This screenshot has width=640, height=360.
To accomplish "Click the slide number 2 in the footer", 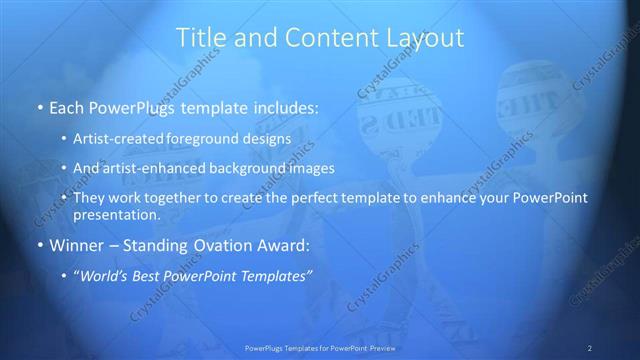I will pyautogui.click(x=590, y=348).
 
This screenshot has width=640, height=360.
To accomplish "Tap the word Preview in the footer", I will pyautogui.click(x=379, y=348).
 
